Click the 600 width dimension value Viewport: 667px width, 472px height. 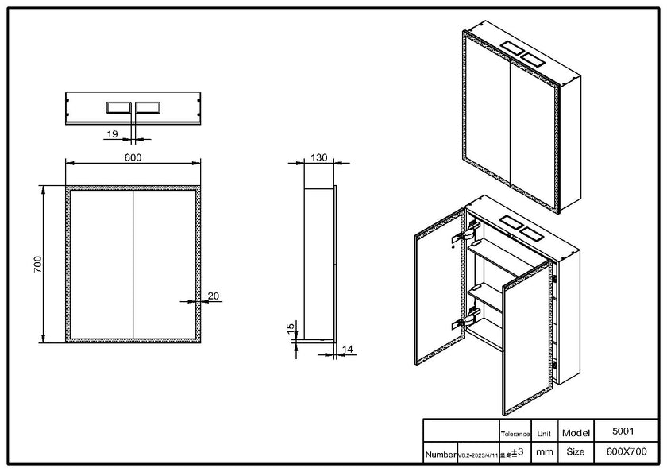tap(133, 157)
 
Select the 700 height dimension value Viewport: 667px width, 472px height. tap(37, 265)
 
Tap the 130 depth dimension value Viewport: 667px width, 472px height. tap(319, 157)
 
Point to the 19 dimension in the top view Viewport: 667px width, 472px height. tap(113, 134)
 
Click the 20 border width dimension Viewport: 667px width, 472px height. tap(213, 296)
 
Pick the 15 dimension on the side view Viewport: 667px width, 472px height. tap(291, 327)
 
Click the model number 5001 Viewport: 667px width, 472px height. tap(624, 431)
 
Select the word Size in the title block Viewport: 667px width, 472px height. tap(575, 452)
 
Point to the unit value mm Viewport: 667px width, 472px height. tap(544, 452)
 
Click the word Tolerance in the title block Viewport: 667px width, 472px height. tap(515, 434)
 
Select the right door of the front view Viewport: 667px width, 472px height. tap(164, 265)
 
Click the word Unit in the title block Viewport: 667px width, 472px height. tap(544, 434)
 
